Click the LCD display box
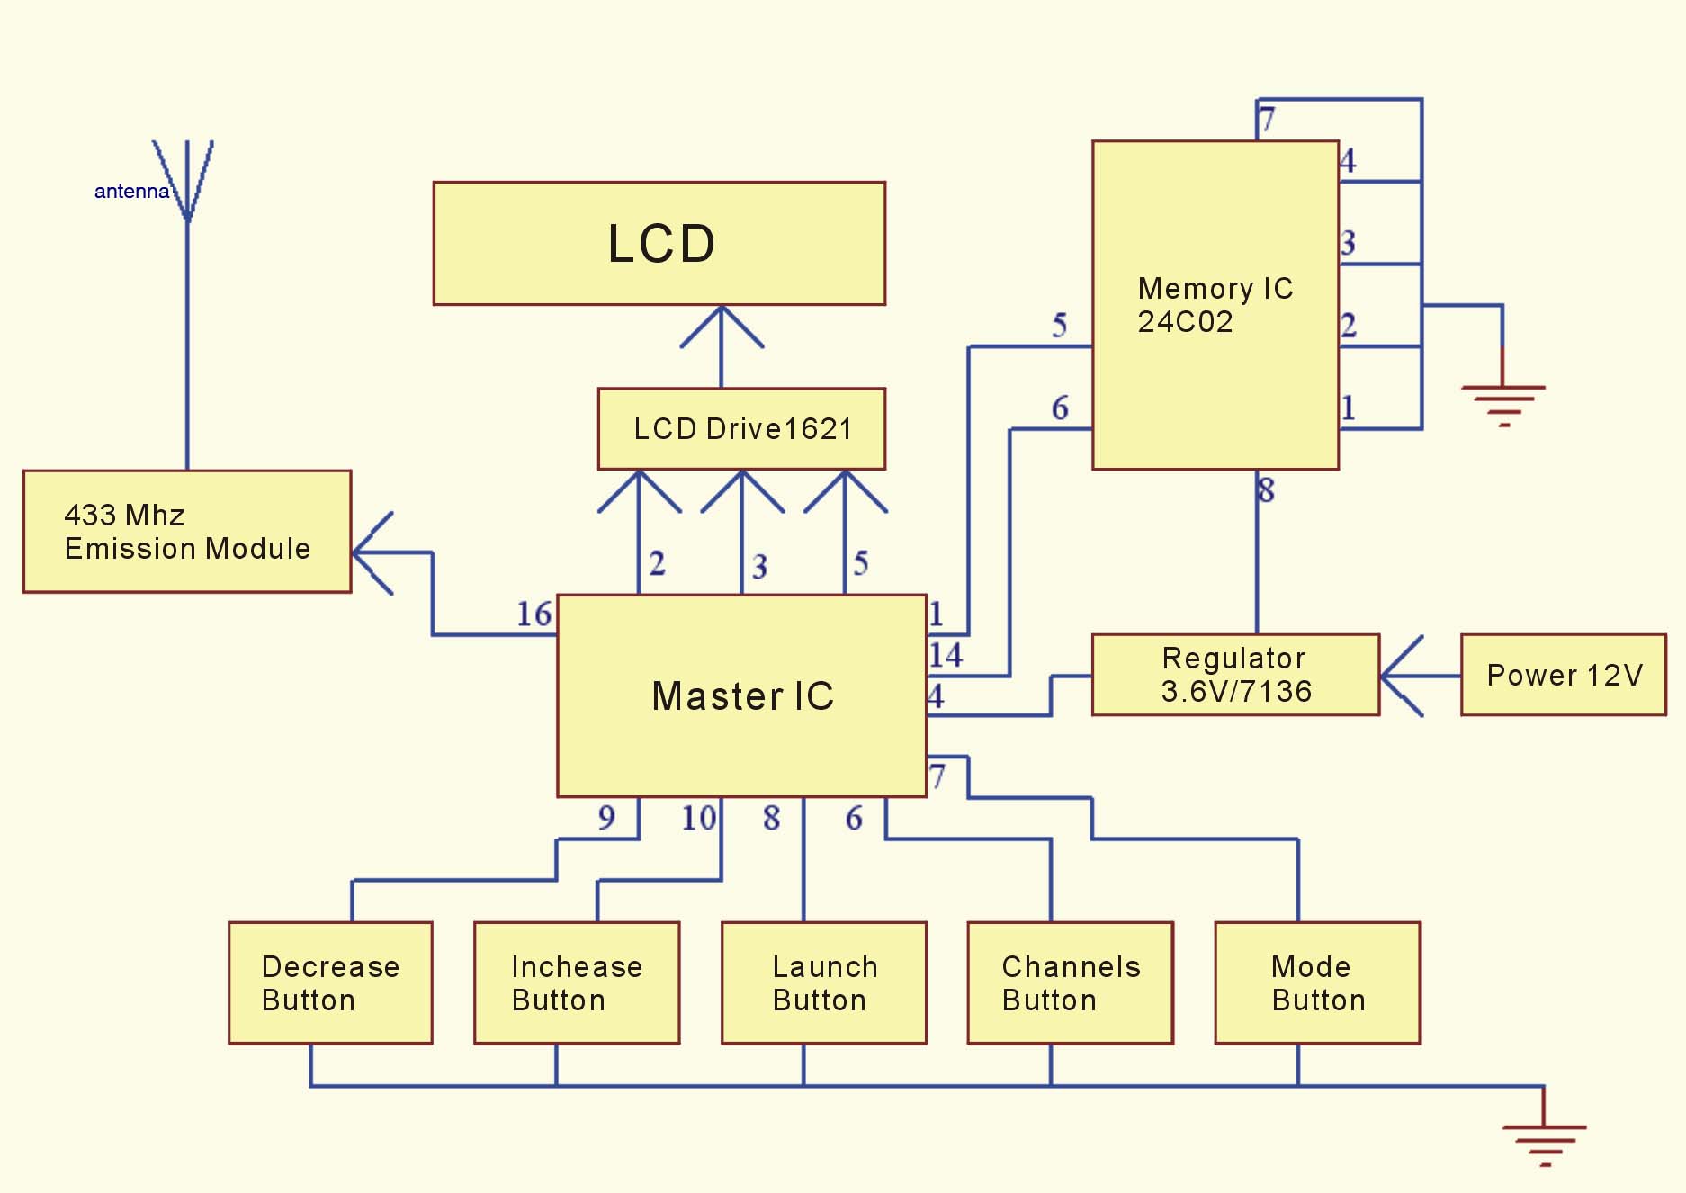[659, 244]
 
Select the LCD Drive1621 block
[741, 429]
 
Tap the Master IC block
[741, 695]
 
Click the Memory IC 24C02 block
[1215, 305]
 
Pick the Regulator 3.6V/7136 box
[1235, 675]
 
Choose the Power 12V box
[1563, 675]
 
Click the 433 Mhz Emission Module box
[187, 531]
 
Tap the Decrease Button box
[330, 982]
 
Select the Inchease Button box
[577, 982]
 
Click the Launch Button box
[823, 982]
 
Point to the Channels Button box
[1070, 982]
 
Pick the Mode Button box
[1317, 982]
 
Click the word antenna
[131, 192]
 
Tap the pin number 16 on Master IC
[534, 614]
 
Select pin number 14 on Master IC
[946, 655]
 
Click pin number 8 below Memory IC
[1267, 490]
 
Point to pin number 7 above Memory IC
[1268, 119]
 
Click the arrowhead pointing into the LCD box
[722, 326]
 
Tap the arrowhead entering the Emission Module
[371, 552]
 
